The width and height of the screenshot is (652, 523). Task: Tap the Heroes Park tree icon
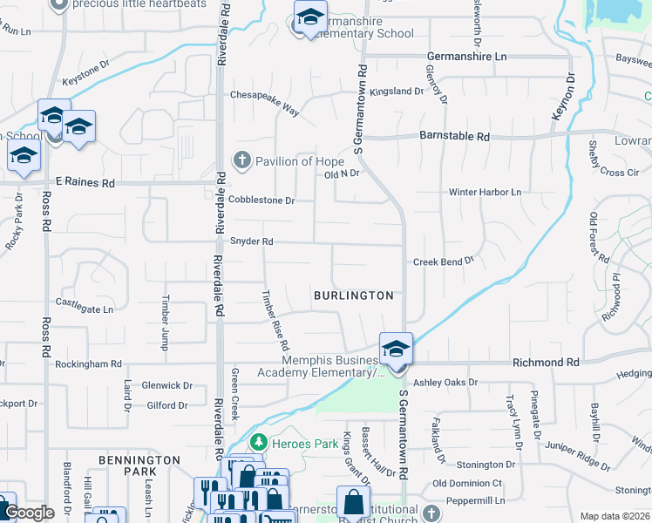(x=257, y=444)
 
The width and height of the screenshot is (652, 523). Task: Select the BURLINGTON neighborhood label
(x=354, y=295)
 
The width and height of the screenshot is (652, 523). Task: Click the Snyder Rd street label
(x=251, y=241)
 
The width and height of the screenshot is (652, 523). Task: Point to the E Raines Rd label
(x=85, y=183)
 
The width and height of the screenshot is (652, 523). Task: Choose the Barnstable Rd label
(x=454, y=137)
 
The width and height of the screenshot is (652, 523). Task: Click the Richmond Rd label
(x=546, y=361)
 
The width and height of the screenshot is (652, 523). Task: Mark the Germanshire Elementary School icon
(x=309, y=18)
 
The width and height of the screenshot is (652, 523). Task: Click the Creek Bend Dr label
(x=443, y=261)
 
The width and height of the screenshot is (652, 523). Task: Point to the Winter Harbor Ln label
(x=484, y=192)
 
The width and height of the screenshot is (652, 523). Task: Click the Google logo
(x=29, y=513)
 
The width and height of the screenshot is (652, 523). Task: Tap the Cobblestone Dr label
(x=261, y=200)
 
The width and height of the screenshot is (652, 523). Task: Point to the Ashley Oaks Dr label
(x=445, y=382)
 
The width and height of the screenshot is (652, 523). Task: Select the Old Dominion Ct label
(x=467, y=483)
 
